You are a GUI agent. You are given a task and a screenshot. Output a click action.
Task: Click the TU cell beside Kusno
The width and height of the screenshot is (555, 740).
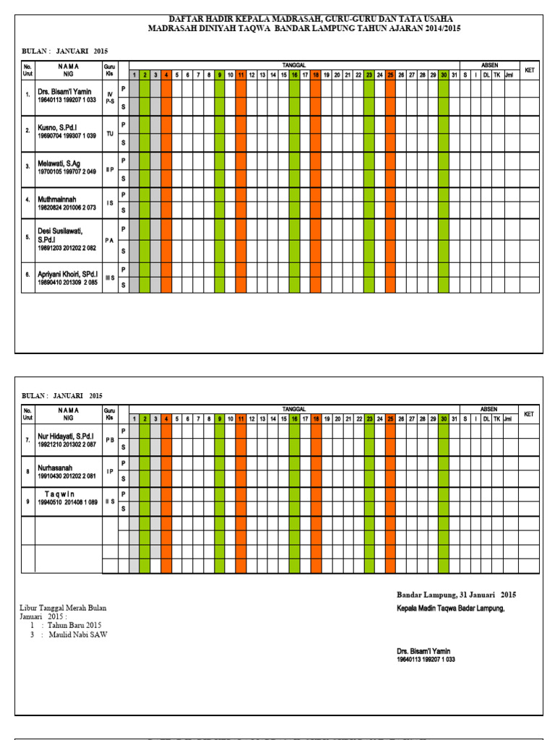pos(110,134)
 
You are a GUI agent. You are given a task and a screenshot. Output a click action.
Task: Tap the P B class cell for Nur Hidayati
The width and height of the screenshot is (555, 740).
pos(110,439)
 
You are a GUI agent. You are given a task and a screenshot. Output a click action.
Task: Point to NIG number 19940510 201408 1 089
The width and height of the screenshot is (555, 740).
pos(67,502)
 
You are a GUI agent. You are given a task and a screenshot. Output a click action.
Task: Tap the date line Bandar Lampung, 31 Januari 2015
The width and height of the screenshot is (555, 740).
pos(456,595)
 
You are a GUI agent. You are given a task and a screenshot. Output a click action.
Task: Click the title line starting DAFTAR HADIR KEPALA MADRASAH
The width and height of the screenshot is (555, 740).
pos(311,20)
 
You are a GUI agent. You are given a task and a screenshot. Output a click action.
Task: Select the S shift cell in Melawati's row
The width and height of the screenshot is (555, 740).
pos(124,178)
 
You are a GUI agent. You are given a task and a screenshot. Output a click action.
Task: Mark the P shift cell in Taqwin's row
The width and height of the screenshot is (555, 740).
pos(124,494)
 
